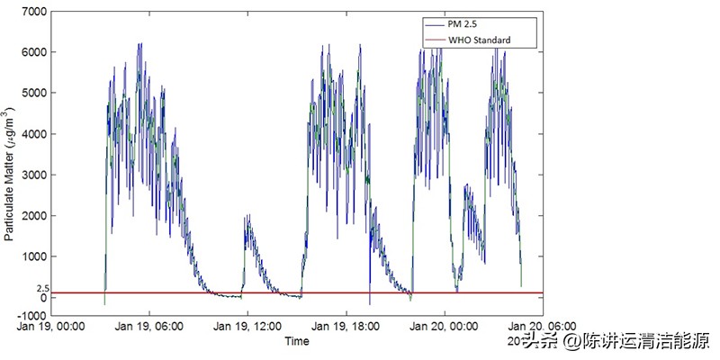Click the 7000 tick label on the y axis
pyautogui.click(x=34, y=11)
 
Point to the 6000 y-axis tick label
pyautogui.click(x=34, y=52)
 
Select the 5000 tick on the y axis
pyautogui.click(x=34, y=93)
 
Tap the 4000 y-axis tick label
pyautogui.click(x=34, y=134)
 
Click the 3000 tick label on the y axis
pyautogui.click(x=34, y=175)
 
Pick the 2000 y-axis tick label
pyautogui.click(x=34, y=216)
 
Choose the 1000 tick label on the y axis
pyautogui.click(x=34, y=256)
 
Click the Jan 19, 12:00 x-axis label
pyautogui.click(x=247, y=327)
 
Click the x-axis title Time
pyautogui.click(x=297, y=341)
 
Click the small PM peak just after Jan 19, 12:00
pyautogui.click(x=247, y=217)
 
